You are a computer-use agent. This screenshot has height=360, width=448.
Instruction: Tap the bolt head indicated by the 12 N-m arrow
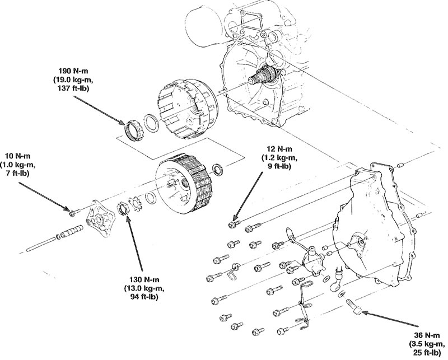(x=232, y=225)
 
